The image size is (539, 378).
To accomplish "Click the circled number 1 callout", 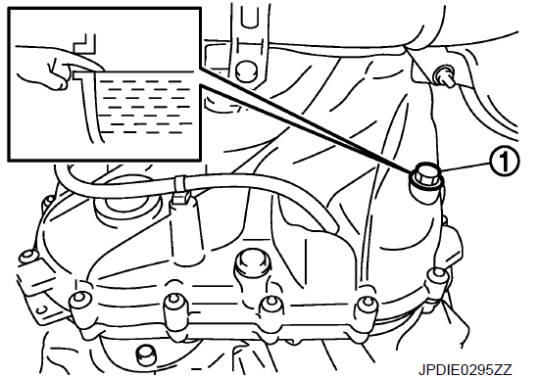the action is [504, 162].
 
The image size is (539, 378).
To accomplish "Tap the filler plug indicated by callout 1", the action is [426, 176].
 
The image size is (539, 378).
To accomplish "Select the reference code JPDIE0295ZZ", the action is [465, 369].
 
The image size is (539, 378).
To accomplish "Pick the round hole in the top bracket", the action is [245, 71].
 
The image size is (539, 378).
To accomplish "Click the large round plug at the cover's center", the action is [252, 264].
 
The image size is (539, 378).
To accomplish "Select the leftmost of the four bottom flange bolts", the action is [80, 302].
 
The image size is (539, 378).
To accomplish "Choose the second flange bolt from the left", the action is [175, 304].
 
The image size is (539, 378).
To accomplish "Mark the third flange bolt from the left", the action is [271, 306].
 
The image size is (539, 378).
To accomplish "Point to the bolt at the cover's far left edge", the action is [28, 259].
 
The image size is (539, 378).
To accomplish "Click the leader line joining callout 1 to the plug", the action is [465, 166].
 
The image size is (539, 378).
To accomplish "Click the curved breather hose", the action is [192, 187].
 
